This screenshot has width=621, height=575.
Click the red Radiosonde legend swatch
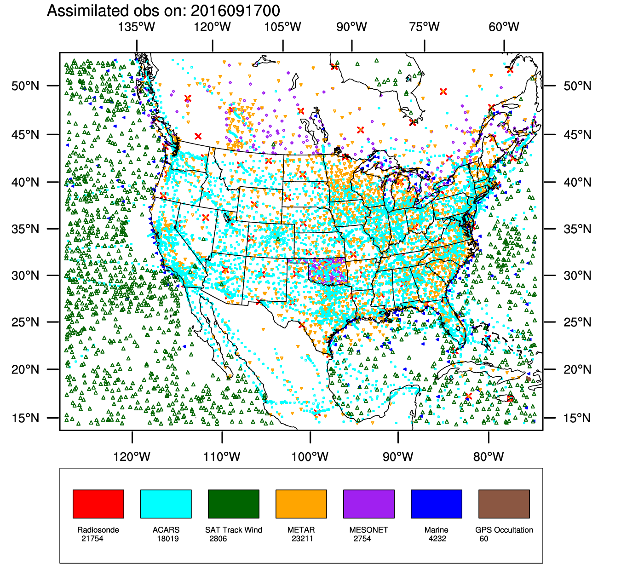point(98,504)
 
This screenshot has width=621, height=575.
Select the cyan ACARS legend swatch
point(166,504)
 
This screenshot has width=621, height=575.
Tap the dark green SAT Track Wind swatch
point(233,504)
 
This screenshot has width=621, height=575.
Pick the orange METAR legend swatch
point(301,504)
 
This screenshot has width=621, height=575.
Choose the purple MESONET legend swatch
point(368,504)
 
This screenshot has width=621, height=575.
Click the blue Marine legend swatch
point(436,504)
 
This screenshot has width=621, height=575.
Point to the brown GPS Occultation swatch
point(504,504)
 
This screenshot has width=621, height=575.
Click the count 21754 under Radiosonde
point(92,539)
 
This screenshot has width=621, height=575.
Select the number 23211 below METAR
point(302,539)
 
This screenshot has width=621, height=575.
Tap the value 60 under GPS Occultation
point(483,539)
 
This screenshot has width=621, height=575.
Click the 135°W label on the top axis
point(136,27)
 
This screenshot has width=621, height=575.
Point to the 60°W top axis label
point(504,27)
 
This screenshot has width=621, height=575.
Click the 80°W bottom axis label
point(489,457)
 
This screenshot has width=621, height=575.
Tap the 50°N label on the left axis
point(25,86)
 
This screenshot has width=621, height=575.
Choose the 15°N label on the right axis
point(577,418)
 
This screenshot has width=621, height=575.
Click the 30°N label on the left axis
point(25,276)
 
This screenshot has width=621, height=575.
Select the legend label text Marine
point(436,530)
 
